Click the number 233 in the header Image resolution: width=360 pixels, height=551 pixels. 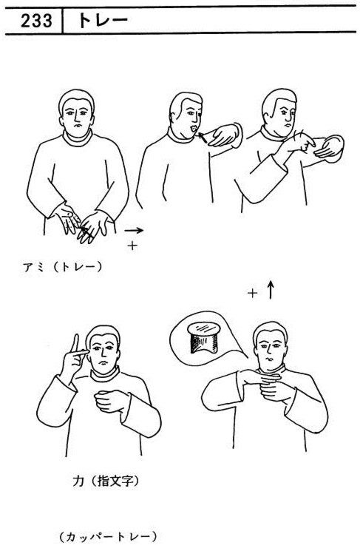click(x=36, y=21)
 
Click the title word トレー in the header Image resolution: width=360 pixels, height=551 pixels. click(x=103, y=21)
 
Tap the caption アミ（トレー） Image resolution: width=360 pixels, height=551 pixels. click(x=63, y=267)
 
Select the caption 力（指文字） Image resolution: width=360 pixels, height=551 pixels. click(x=106, y=480)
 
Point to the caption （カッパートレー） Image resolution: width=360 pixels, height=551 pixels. click(x=108, y=537)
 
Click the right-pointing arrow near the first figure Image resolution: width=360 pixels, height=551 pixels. click(x=134, y=231)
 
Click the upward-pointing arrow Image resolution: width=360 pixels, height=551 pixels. click(x=270, y=290)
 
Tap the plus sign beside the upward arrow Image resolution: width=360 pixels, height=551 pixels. click(x=252, y=293)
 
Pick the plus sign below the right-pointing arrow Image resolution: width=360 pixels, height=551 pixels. click(x=132, y=246)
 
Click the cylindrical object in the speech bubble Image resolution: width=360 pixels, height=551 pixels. click(x=204, y=337)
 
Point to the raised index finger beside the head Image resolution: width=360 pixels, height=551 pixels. click(x=75, y=342)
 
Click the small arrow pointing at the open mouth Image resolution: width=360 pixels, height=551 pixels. click(x=203, y=137)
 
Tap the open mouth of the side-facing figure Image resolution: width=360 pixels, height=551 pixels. click(x=193, y=129)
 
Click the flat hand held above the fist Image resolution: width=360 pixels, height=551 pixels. click(x=262, y=378)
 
